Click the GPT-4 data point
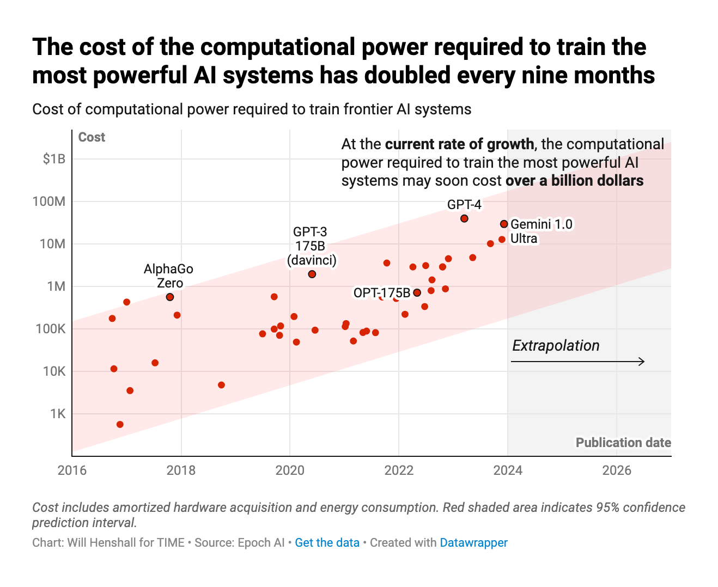464,218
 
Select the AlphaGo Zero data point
170,297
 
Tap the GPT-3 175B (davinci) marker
312,274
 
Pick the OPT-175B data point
417,292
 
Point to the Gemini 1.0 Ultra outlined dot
504,224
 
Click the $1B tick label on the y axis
54,159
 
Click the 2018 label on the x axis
181,470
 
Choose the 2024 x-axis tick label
508,470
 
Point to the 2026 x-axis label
617,470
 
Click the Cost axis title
92,137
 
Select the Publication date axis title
623,443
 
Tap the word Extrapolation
556,346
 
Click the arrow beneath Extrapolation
578,362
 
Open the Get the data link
327,543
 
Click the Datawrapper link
473,543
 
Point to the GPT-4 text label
464,205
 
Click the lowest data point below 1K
120,424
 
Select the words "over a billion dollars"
575,181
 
